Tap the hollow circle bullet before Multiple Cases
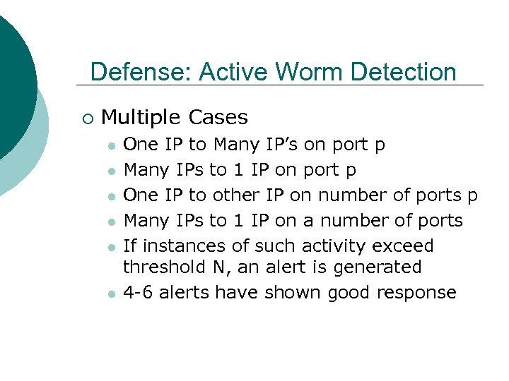[x=87, y=118]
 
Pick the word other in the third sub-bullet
[x=236, y=195]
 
